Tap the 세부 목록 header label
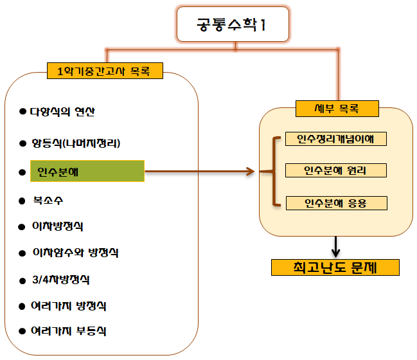[x=335, y=109]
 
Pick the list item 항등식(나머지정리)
[x=76, y=143]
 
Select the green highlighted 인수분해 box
[x=87, y=172]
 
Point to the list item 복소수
[x=49, y=199]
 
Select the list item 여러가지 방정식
[x=68, y=305]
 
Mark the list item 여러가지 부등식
[x=68, y=331]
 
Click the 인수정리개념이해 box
[x=336, y=139]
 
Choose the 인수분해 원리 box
[x=336, y=170]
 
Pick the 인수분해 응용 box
[x=336, y=203]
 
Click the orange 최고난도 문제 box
[x=335, y=267]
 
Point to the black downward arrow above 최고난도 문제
[x=335, y=246]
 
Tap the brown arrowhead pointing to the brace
[x=249, y=172]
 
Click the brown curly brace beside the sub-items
[x=274, y=171]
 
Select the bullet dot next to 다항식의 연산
[x=23, y=111]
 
